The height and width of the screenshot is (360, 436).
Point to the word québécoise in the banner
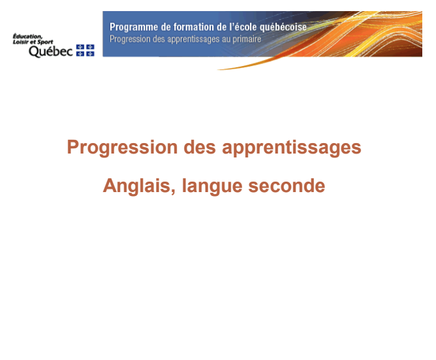click(283, 27)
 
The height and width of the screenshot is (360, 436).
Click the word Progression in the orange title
click(122, 147)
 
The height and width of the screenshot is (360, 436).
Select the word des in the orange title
click(200, 147)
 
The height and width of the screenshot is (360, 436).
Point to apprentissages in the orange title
click(292, 148)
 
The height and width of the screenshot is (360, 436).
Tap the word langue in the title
click(212, 186)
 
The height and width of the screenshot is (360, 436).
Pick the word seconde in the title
click(287, 186)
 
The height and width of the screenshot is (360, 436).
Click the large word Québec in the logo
click(51, 51)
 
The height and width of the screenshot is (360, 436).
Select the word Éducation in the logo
click(28, 37)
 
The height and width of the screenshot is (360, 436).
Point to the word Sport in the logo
click(45, 42)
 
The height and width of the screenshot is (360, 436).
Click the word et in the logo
click(33, 42)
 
